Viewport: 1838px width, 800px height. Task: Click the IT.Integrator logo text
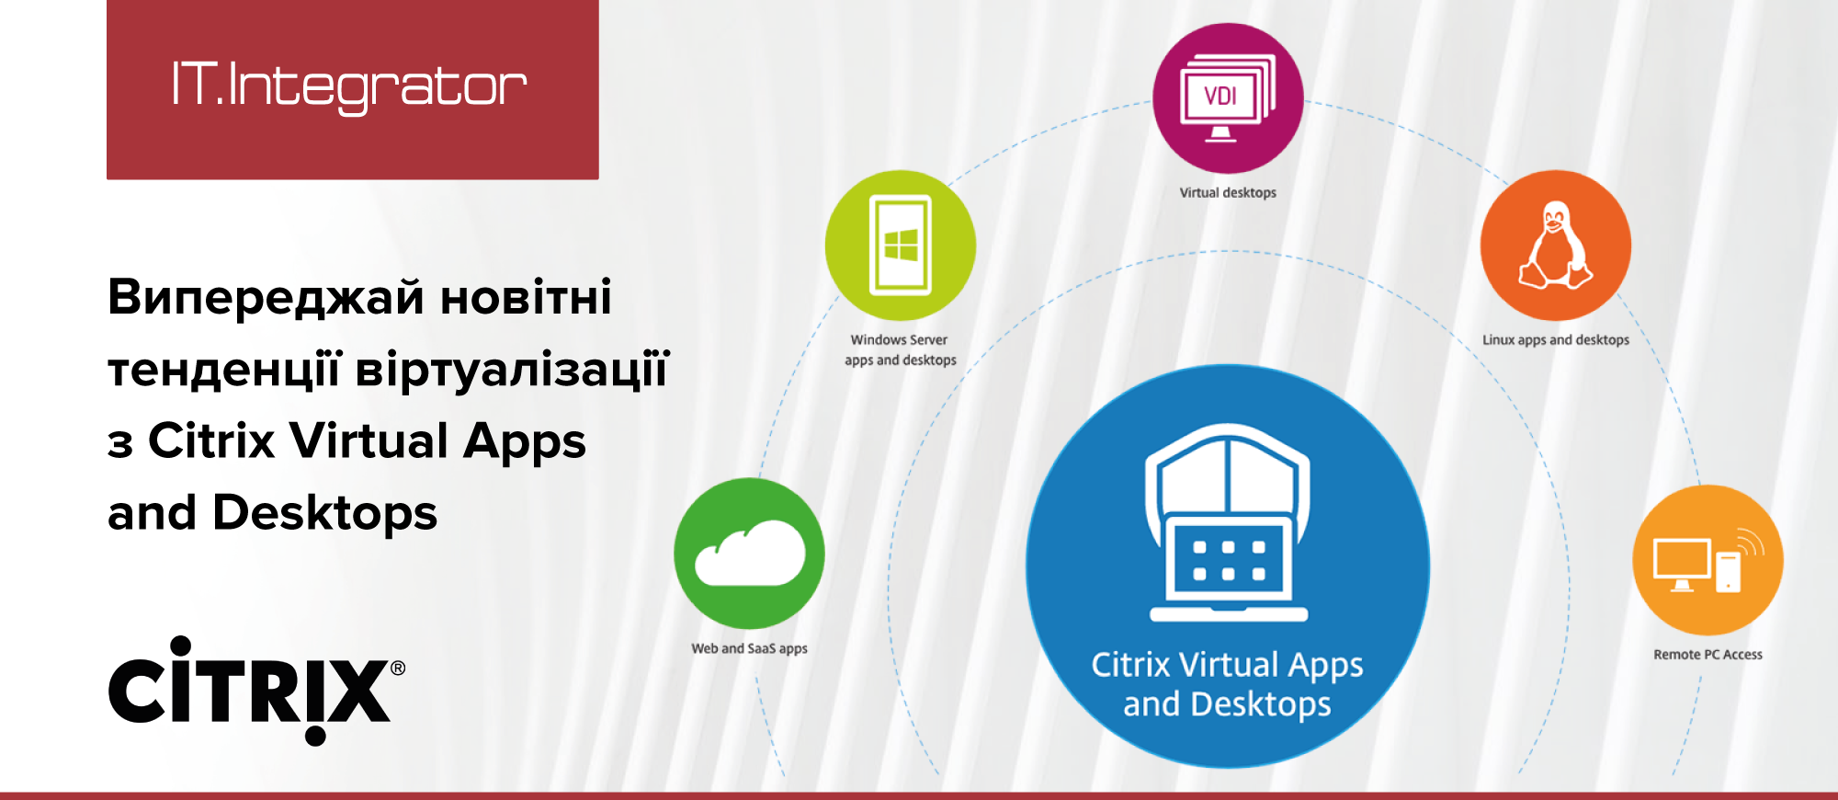(349, 86)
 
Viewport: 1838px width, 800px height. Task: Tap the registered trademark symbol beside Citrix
(398, 668)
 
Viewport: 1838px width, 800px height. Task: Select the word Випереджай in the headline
(267, 298)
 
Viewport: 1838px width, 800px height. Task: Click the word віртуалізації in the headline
(512, 370)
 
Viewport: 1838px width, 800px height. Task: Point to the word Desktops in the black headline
(325, 513)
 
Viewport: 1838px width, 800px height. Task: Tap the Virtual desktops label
(1228, 192)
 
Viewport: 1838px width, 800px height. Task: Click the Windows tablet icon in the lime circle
(901, 245)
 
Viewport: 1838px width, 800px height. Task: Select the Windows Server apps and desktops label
(901, 349)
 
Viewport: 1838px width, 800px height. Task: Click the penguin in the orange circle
(1555, 245)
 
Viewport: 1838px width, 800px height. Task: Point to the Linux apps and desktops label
(1555, 339)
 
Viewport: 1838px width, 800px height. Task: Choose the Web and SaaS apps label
(749, 648)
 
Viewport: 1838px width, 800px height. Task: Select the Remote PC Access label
(1708, 655)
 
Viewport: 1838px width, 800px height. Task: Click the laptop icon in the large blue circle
(1228, 522)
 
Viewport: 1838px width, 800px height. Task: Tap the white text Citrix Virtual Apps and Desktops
(1227, 684)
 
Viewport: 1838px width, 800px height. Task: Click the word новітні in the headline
(526, 298)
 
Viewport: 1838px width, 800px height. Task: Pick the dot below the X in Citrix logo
(315, 736)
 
